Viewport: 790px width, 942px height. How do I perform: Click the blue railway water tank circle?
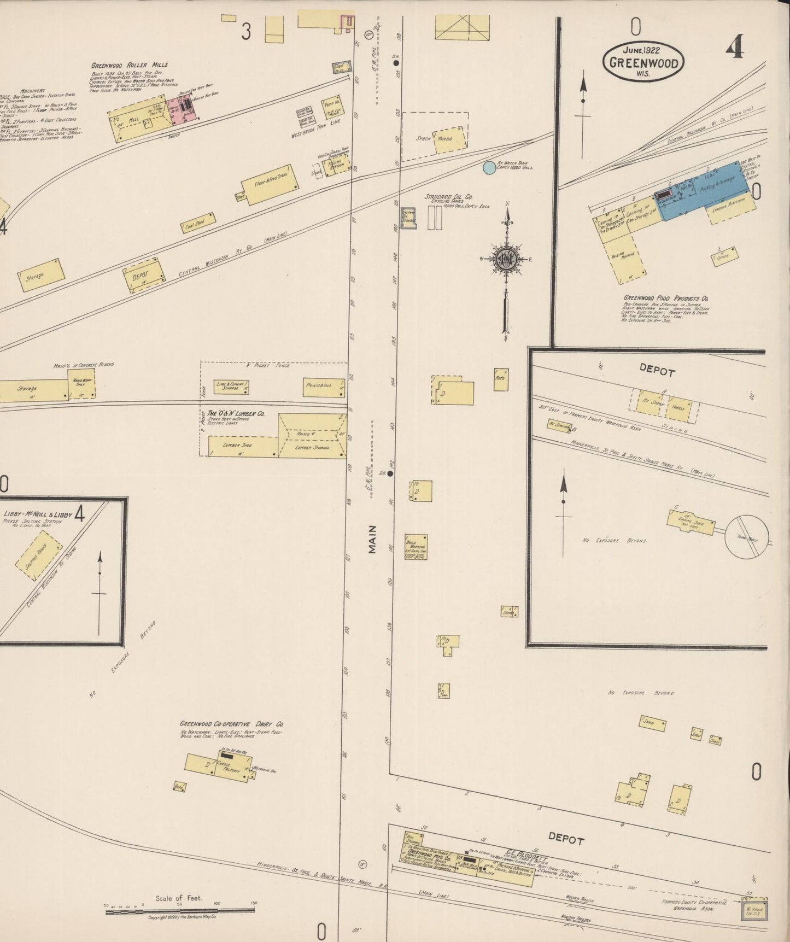[489, 167]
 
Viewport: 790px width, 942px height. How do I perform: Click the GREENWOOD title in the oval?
[643, 62]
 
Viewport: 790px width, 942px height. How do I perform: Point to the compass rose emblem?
[507, 260]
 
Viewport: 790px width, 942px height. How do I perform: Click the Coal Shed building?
[197, 223]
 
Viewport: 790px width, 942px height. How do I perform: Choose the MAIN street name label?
[372, 539]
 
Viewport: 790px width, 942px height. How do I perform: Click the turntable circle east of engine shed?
[747, 537]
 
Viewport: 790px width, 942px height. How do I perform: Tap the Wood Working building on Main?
[416, 547]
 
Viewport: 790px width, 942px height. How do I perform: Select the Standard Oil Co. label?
[449, 197]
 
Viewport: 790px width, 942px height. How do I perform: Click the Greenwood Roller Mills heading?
[130, 65]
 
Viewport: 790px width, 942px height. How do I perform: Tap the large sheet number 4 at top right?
[734, 50]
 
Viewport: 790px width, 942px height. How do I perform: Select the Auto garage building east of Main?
[501, 379]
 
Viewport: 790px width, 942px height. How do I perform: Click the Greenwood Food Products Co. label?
[665, 299]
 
